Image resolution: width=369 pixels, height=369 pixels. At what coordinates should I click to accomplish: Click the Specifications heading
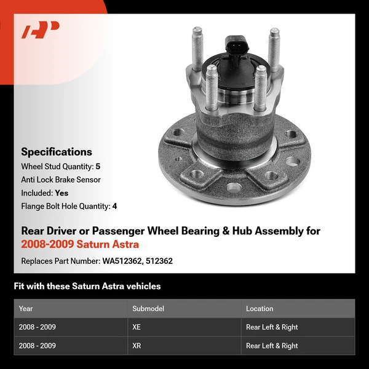57,152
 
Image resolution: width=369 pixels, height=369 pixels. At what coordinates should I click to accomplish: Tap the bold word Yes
61,193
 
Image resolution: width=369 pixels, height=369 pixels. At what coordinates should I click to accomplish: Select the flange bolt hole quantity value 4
114,207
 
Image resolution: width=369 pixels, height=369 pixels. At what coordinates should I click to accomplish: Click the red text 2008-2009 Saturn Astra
80,245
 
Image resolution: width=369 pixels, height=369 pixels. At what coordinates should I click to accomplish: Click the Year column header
26,309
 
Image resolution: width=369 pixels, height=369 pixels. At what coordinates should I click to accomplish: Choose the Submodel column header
148,309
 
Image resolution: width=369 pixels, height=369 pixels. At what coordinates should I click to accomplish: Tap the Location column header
260,309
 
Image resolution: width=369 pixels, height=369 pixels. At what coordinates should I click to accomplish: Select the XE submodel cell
137,327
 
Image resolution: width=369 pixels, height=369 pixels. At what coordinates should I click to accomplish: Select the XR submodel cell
137,346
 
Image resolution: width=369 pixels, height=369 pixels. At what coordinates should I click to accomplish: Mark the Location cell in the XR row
272,346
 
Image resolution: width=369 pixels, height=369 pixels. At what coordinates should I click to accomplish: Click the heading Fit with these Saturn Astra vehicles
87,286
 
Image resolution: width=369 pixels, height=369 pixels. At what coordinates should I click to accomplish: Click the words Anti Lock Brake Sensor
61,180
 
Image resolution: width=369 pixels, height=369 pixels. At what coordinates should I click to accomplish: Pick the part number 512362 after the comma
159,261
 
